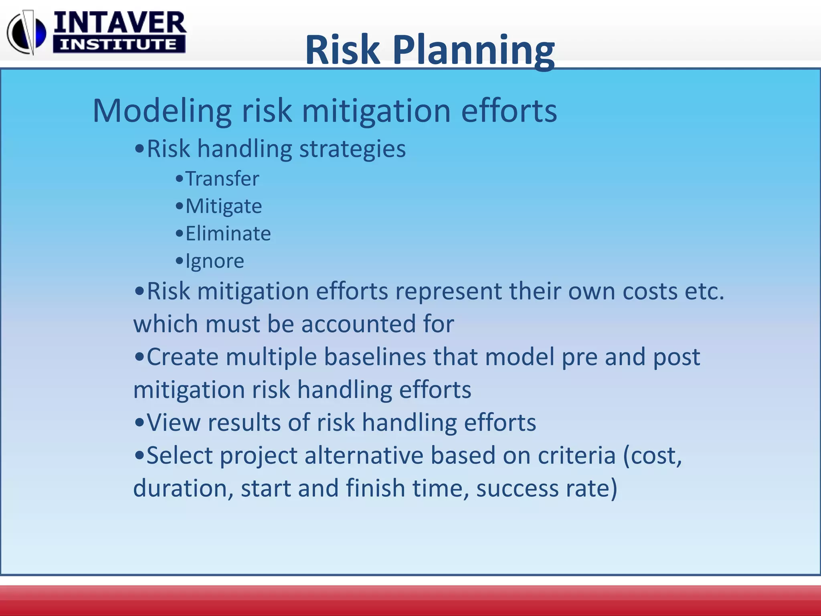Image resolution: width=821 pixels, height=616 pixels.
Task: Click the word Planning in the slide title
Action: pyautogui.click(x=474, y=51)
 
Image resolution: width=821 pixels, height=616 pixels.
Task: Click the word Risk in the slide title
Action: pyautogui.click(x=343, y=51)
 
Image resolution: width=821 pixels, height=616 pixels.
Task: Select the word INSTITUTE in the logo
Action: pyautogui.click(x=119, y=44)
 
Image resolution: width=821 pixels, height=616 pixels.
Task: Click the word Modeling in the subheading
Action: pyautogui.click(x=162, y=111)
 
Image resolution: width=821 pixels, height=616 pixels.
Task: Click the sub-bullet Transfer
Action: pyautogui.click(x=222, y=178)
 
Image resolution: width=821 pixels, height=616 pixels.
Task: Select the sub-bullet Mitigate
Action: pyautogui.click(x=223, y=206)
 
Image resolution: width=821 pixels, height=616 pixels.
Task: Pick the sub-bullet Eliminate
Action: pyautogui.click(x=228, y=233)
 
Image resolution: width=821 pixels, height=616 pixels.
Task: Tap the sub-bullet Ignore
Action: pyautogui.click(x=214, y=261)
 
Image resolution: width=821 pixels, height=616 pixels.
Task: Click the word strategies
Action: pyautogui.click(x=352, y=149)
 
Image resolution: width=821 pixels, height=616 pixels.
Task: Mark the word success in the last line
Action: pyautogui.click(x=517, y=488)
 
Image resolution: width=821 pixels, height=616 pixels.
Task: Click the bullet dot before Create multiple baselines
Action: pyautogui.click(x=139, y=357)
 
